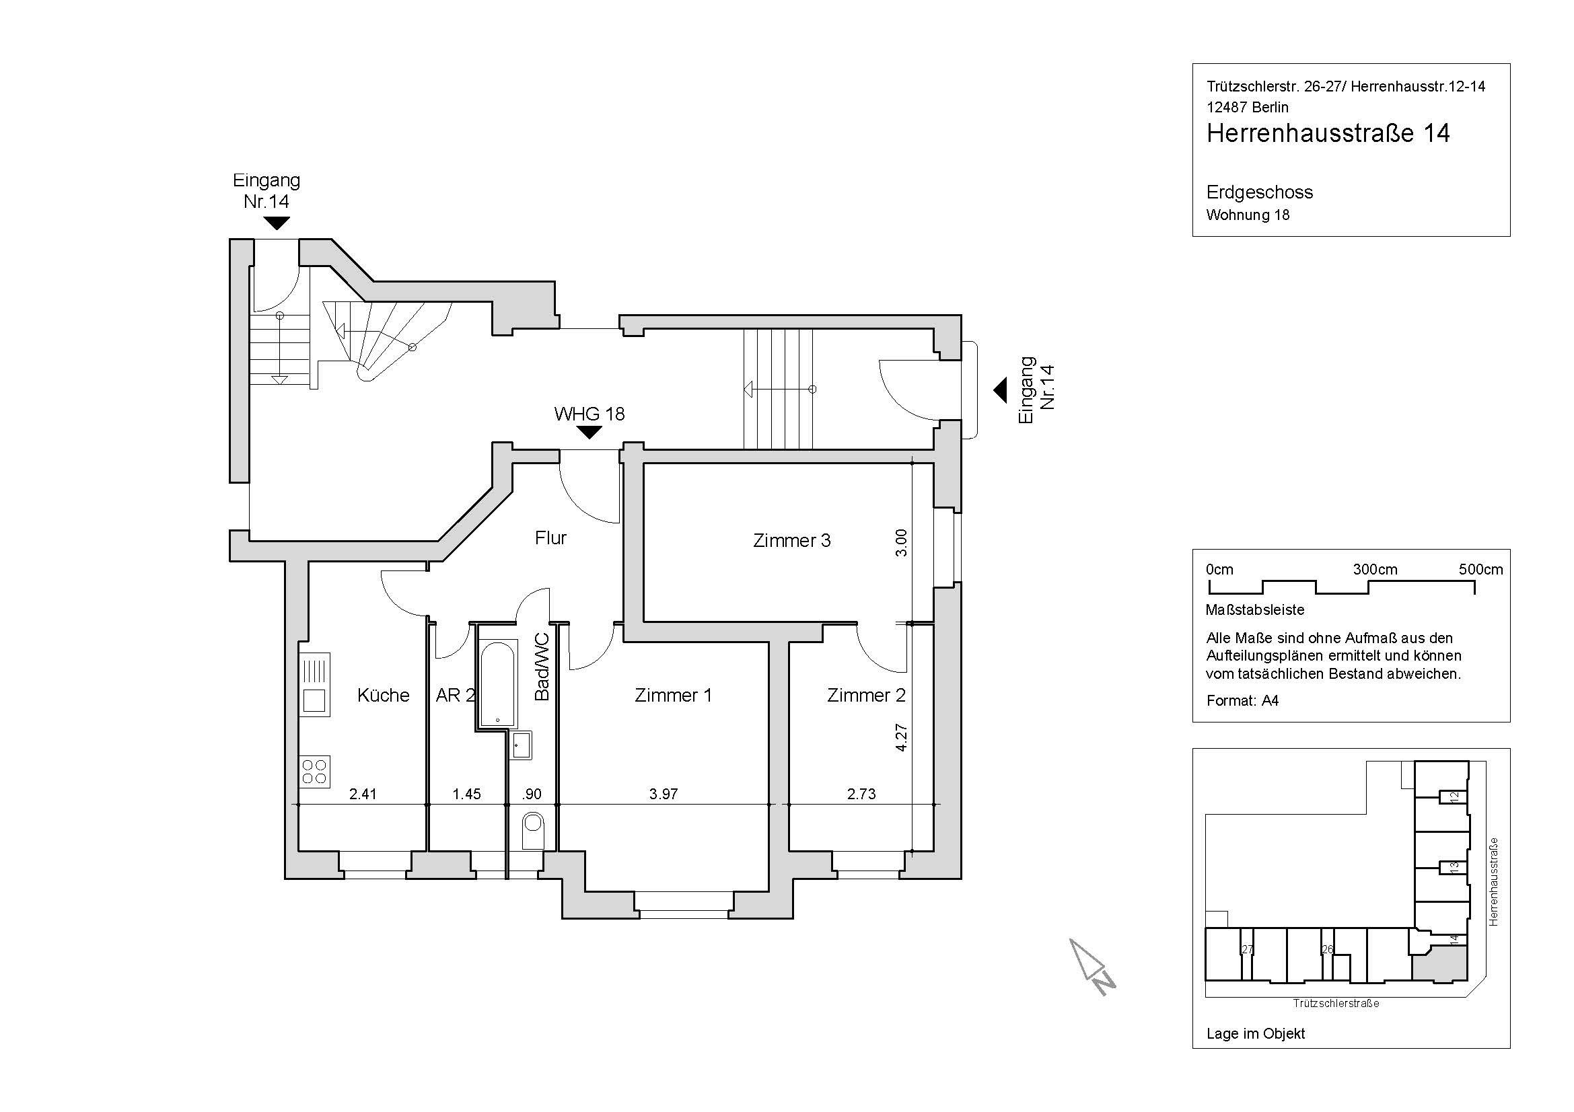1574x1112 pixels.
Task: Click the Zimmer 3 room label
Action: pos(792,541)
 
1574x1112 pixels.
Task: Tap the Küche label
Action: pos(383,696)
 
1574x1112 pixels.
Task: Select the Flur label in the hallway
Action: pos(550,538)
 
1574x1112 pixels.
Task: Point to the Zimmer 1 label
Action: pos(673,696)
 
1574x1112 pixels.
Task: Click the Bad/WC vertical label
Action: pos(542,667)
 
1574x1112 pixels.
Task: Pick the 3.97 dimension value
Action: pos(664,794)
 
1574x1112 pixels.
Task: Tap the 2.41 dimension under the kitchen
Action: pos(363,794)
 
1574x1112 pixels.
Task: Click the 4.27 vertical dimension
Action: pos(902,738)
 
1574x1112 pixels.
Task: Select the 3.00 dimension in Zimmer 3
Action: pos(902,543)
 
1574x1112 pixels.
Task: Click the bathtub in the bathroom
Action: pos(498,683)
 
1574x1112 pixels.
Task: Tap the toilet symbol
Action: pos(533,830)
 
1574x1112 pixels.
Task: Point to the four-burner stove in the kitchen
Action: pos(315,772)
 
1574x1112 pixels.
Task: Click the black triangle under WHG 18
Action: pos(589,433)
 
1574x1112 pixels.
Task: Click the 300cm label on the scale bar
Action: pos(1375,569)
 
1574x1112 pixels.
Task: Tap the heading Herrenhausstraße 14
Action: pos(1328,133)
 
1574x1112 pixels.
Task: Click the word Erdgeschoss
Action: pos(1260,192)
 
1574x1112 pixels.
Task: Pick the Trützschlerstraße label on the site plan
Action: pos(1336,1004)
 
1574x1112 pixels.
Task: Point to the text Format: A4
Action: pos(1242,701)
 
